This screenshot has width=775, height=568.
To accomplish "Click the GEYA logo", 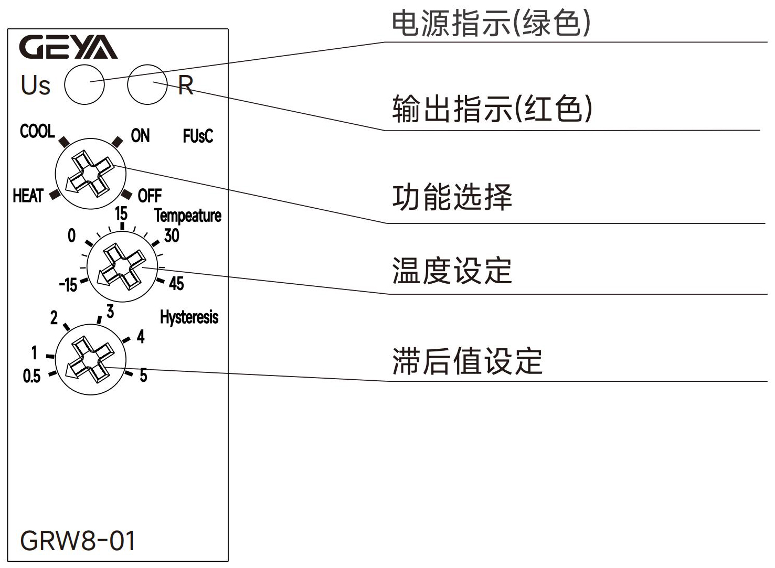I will (68, 47).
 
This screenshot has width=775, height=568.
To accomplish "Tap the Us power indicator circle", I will (84, 84).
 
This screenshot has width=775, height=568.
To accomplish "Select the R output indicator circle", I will (147, 84).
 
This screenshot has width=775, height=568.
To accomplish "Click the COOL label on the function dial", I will (37, 131).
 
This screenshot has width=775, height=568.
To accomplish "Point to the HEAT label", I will (28, 196).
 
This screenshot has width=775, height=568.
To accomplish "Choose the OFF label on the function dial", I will (150, 196).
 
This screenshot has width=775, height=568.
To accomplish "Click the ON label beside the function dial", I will (140, 136).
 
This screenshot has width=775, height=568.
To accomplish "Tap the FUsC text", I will (198, 136).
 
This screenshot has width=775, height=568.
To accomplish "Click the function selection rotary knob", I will (90, 174).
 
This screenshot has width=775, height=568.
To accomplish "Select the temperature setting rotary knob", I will (122, 266).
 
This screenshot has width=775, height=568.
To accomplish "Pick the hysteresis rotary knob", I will (90, 359).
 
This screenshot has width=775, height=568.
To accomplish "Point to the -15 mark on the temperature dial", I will (68, 285).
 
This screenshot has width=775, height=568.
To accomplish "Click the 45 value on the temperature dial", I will (176, 284).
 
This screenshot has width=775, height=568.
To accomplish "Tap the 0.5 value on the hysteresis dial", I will (31, 376).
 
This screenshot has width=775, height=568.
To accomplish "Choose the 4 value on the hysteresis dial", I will (141, 337).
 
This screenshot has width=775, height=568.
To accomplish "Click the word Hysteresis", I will (189, 317).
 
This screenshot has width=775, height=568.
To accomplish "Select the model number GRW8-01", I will (78, 541).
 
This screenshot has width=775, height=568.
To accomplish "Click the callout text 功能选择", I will (452, 197).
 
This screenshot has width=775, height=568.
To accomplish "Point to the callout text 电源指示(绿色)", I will (491, 24).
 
